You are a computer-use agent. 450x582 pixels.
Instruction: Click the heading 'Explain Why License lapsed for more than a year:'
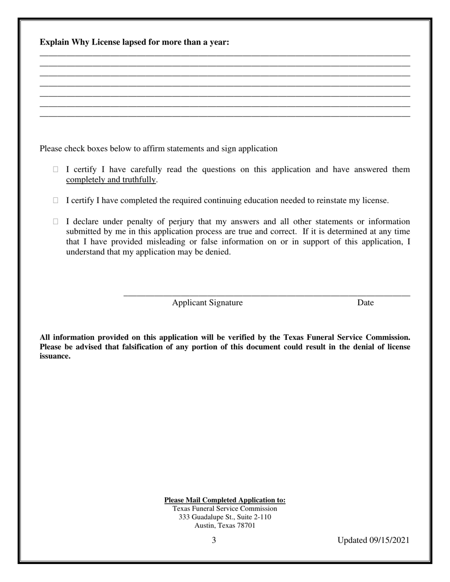coord(134,43)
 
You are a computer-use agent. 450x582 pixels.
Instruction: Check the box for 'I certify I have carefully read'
coord(55,169)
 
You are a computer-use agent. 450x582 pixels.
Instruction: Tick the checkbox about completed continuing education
coord(55,201)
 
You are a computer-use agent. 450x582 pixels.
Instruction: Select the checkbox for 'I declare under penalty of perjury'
coord(55,221)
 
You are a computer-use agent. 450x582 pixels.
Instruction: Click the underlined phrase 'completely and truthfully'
coord(111,180)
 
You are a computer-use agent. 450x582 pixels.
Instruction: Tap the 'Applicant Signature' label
coord(207,303)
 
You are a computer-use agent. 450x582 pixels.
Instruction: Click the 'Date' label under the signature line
coord(365,303)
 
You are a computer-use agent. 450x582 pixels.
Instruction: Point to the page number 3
coord(214,540)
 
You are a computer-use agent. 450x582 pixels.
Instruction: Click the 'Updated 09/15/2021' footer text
coord(373,540)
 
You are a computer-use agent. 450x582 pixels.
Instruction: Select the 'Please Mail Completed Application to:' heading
coord(225,500)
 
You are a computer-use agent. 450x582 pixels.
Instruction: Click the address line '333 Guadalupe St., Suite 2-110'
coord(225,517)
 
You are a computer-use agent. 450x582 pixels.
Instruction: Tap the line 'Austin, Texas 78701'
coord(225,526)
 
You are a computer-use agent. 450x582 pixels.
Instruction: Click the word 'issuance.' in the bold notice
coord(55,356)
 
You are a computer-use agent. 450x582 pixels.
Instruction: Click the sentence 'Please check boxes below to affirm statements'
coord(158,149)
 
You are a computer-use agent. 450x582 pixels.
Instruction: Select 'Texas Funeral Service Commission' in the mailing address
coord(225,509)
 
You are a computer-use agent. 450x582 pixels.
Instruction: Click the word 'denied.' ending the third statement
coord(218,252)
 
